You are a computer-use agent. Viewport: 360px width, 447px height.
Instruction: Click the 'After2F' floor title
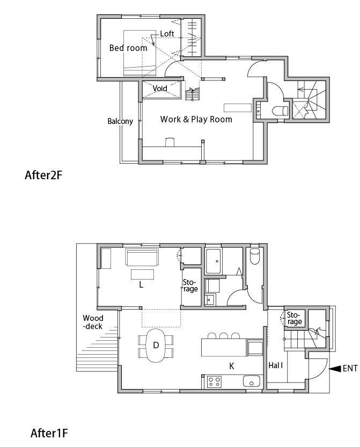point(43,175)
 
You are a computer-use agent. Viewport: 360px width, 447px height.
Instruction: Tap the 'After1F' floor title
point(49,434)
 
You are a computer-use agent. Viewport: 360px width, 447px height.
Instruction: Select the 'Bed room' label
point(128,48)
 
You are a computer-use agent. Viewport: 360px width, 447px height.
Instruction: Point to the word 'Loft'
point(167,34)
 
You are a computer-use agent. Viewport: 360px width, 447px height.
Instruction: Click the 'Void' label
point(160,89)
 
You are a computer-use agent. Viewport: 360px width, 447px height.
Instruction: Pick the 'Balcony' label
point(120,121)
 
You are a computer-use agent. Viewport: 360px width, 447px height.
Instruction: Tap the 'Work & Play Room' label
point(196,119)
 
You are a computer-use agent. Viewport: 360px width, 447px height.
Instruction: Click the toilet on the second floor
point(280,111)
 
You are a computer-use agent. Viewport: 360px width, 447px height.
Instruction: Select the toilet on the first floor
point(254,256)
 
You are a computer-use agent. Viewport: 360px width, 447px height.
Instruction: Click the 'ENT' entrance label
point(350,368)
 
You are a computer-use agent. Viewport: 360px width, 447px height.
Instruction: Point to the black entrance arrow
point(335,369)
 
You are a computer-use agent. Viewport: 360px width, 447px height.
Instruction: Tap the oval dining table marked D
point(156,345)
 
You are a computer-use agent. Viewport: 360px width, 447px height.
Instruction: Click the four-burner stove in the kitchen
point(214,382)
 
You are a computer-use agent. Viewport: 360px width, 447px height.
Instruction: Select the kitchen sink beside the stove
point(252,382)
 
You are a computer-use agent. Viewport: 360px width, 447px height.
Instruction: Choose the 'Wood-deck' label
point(93,322)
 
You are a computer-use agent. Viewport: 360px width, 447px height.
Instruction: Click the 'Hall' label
point(276,365)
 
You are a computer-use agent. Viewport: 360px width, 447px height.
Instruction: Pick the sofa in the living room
point(142,257)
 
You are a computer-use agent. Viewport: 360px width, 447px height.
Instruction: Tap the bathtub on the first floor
point(212,261)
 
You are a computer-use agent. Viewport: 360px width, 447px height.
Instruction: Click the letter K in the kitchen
point(232,366)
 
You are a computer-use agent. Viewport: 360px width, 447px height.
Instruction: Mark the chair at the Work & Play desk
point(170,142)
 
